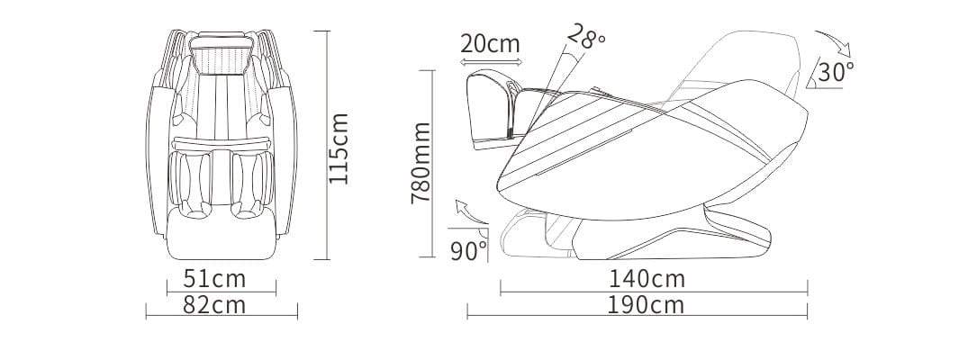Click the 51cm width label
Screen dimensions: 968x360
(214, 279)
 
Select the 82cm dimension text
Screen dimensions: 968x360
(214, 305)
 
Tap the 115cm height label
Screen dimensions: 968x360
(339, 148)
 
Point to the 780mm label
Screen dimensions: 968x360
(421, 163)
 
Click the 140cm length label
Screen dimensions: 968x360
(647, 279)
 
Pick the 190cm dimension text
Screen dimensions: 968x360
(646, 305)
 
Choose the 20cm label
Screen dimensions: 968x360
(490, 44)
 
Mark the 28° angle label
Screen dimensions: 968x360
(585, 36)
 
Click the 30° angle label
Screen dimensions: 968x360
(837, 72)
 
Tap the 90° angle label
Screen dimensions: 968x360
(468, 251)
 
